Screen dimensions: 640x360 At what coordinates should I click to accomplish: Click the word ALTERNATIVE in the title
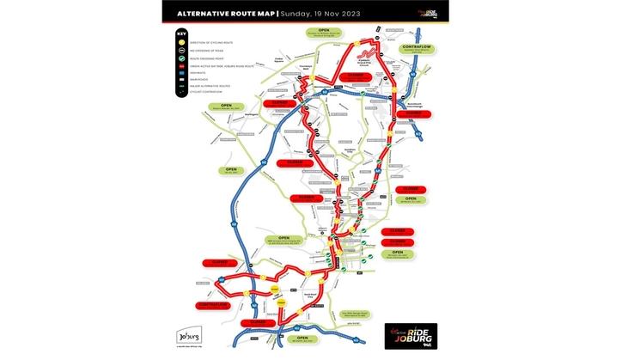[x=200, y=14]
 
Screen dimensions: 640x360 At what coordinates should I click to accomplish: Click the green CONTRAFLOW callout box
[x=417, y=50]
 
